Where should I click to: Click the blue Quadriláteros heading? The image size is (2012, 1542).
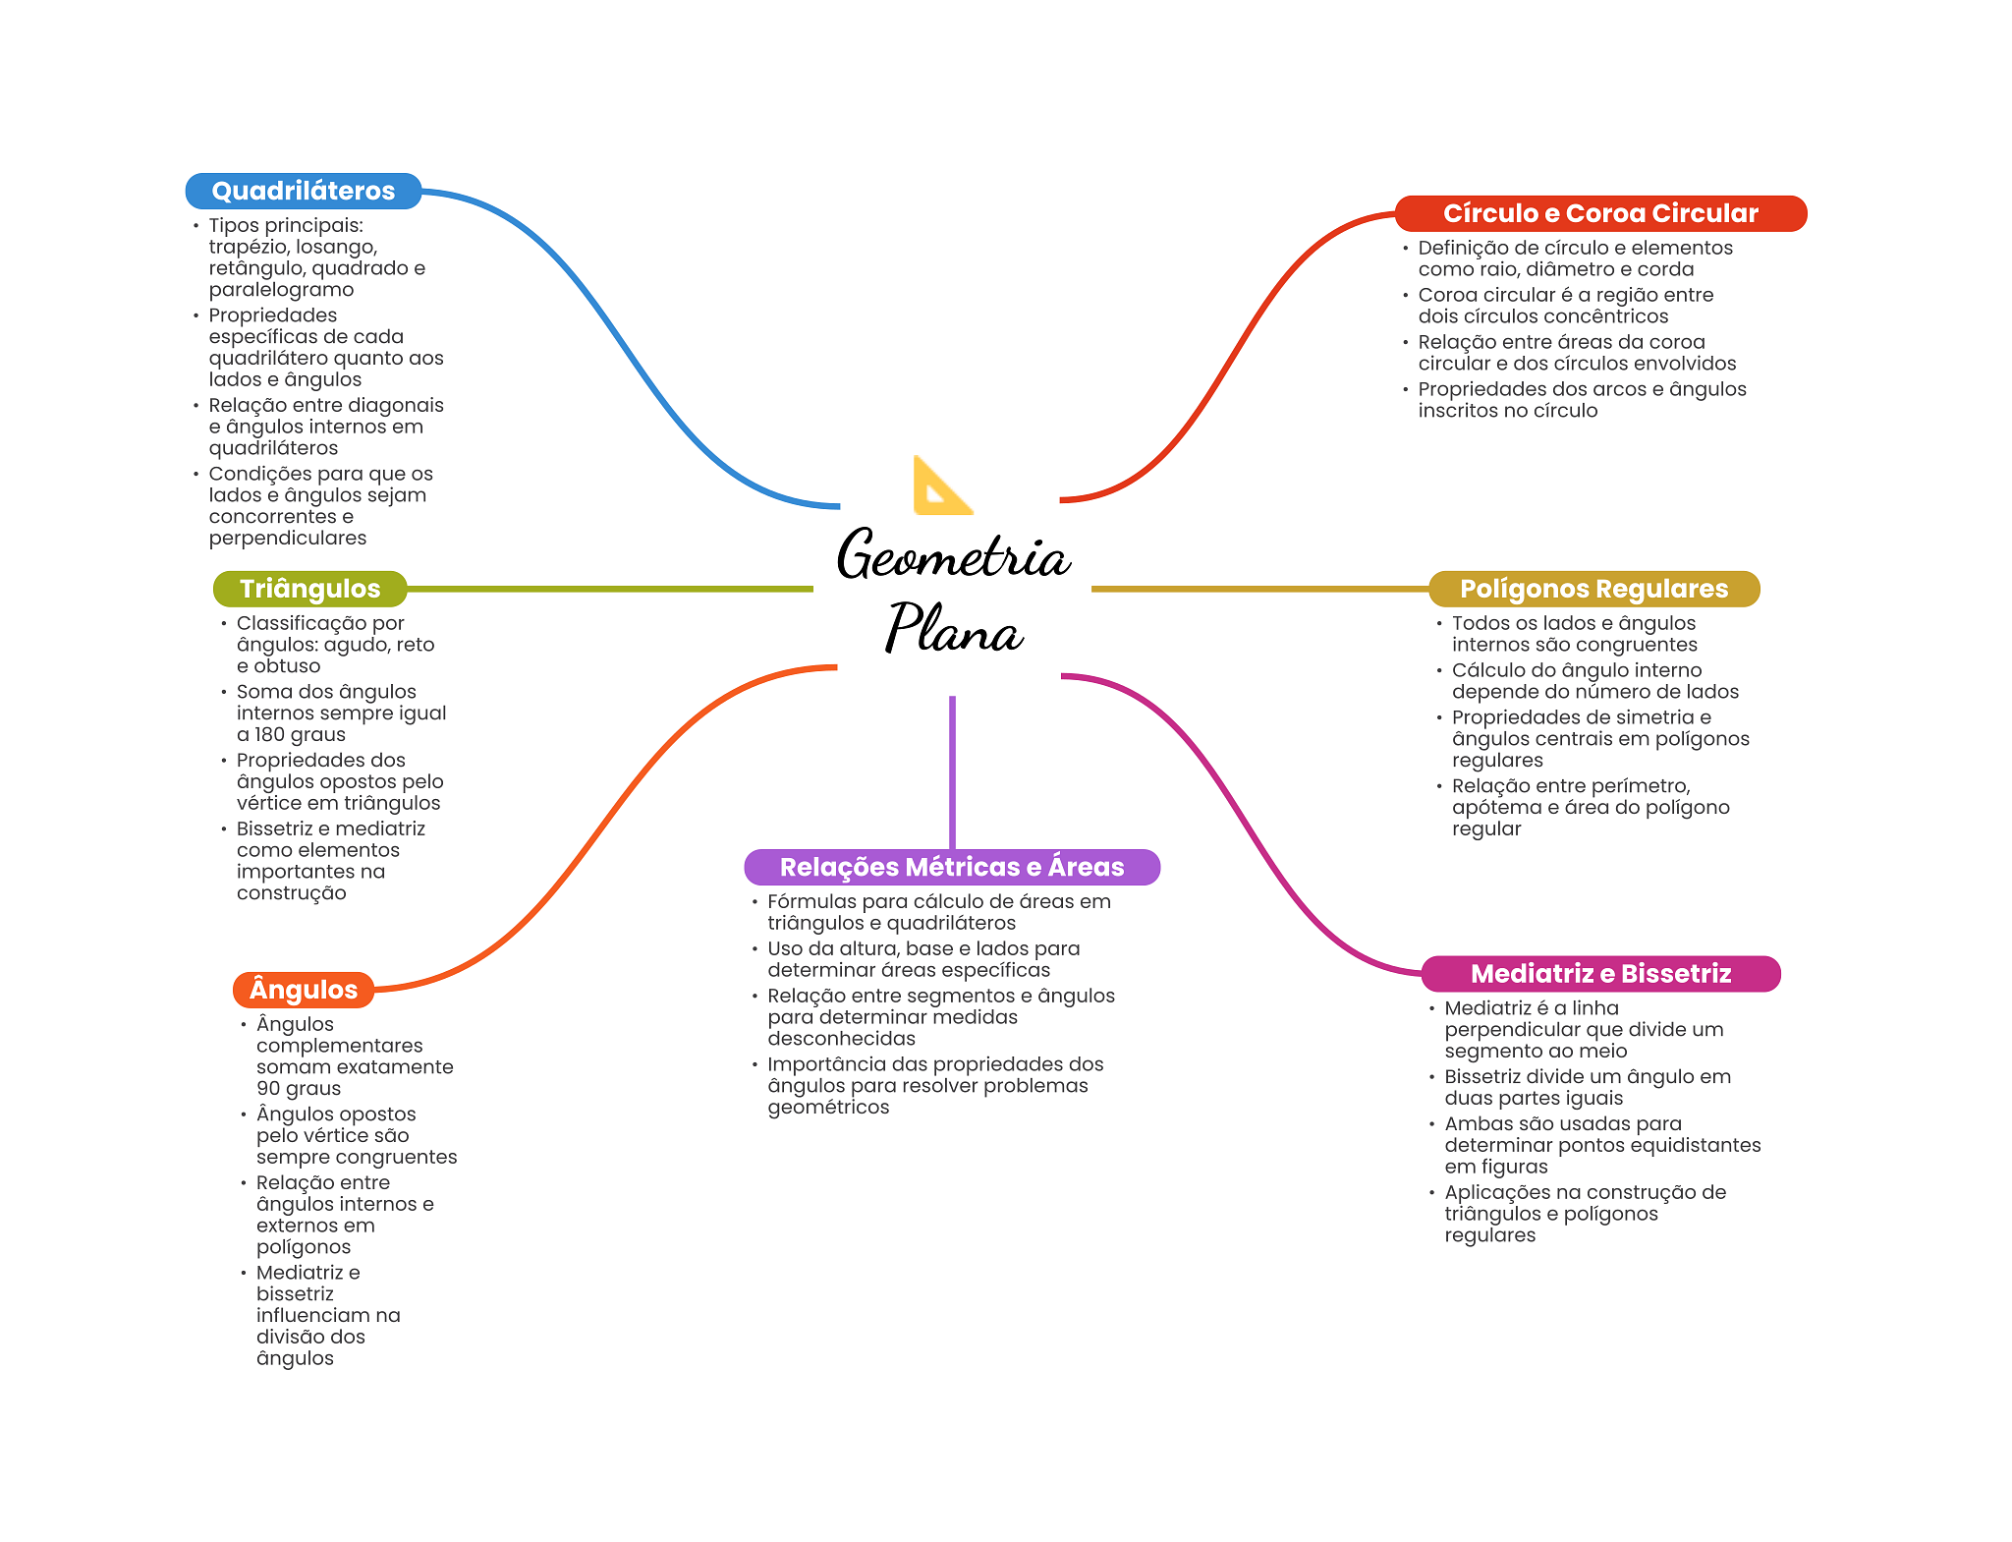tap(303, 191)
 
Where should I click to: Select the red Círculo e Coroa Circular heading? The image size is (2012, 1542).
tap(1599, 213)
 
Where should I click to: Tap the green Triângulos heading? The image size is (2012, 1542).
tap(309, 589)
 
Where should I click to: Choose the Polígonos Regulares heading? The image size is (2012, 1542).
tap(1593, 589)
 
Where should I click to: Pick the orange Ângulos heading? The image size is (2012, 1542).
tap(303, 990)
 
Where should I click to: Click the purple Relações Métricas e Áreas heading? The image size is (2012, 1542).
tap(951, 867)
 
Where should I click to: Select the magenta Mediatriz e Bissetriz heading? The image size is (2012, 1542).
tap(1599, 974)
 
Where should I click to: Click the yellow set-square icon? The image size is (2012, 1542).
tap(940, 486)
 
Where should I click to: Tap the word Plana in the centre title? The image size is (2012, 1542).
tap(953, 630)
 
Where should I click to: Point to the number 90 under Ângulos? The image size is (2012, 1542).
tap(268, 1089)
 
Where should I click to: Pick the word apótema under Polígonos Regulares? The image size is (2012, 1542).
tap(1493, 808)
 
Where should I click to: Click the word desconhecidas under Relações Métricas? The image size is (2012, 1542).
tap(841, 1039)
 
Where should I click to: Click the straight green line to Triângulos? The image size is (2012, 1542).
tap(609, 589)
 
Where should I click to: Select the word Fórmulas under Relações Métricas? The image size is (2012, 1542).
tap(811, 901)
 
